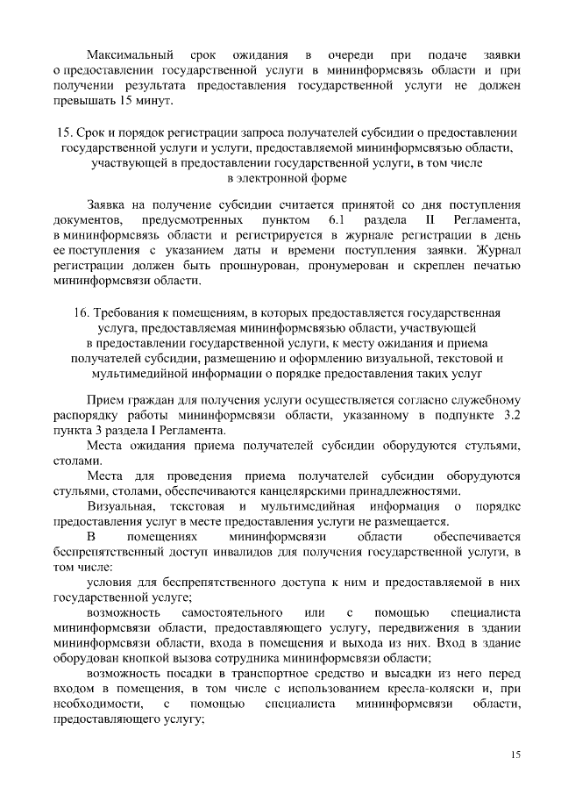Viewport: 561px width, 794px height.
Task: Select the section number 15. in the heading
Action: (62, 132)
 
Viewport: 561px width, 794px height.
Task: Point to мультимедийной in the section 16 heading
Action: (125, 375)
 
